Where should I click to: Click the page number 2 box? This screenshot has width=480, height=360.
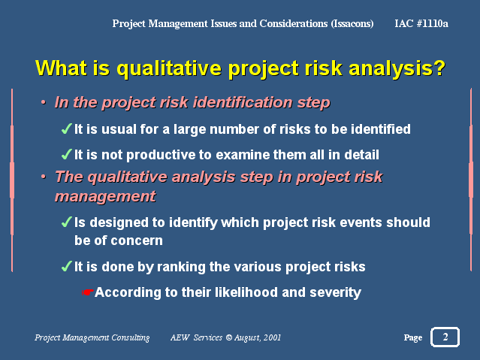click(x=445, y=337)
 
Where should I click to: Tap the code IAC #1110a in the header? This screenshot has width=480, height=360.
click(x=421, y=23)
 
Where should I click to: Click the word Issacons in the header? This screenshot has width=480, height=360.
click(x=352, y=23)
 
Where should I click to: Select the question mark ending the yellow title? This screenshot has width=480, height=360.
click(x=439, y=68)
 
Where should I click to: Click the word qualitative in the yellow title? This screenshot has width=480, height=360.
click(x=169, y=69)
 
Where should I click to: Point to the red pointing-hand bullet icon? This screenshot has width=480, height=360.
click(x=88, y=292)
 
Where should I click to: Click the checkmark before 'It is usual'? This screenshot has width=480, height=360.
click(x=66, y=129)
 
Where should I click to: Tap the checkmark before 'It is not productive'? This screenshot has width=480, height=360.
click(x=66, y=154)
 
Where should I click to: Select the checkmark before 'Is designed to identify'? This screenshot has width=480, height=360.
click(x=66, y=222)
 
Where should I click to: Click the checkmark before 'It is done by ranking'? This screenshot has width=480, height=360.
click(x=66, y=266)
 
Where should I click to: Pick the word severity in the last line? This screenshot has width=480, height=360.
click(x=335, y=293)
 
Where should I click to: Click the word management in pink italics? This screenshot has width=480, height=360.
click(x=105, y=196)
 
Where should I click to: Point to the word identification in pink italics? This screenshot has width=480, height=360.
click(x=243, y=102)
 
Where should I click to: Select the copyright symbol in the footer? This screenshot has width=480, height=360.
click(x=228, y=337)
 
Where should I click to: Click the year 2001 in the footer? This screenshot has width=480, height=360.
click(x=272, y=337)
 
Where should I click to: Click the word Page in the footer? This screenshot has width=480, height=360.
click(x=413, y=338)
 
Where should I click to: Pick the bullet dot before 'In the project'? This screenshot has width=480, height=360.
click(x=44, y=102)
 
